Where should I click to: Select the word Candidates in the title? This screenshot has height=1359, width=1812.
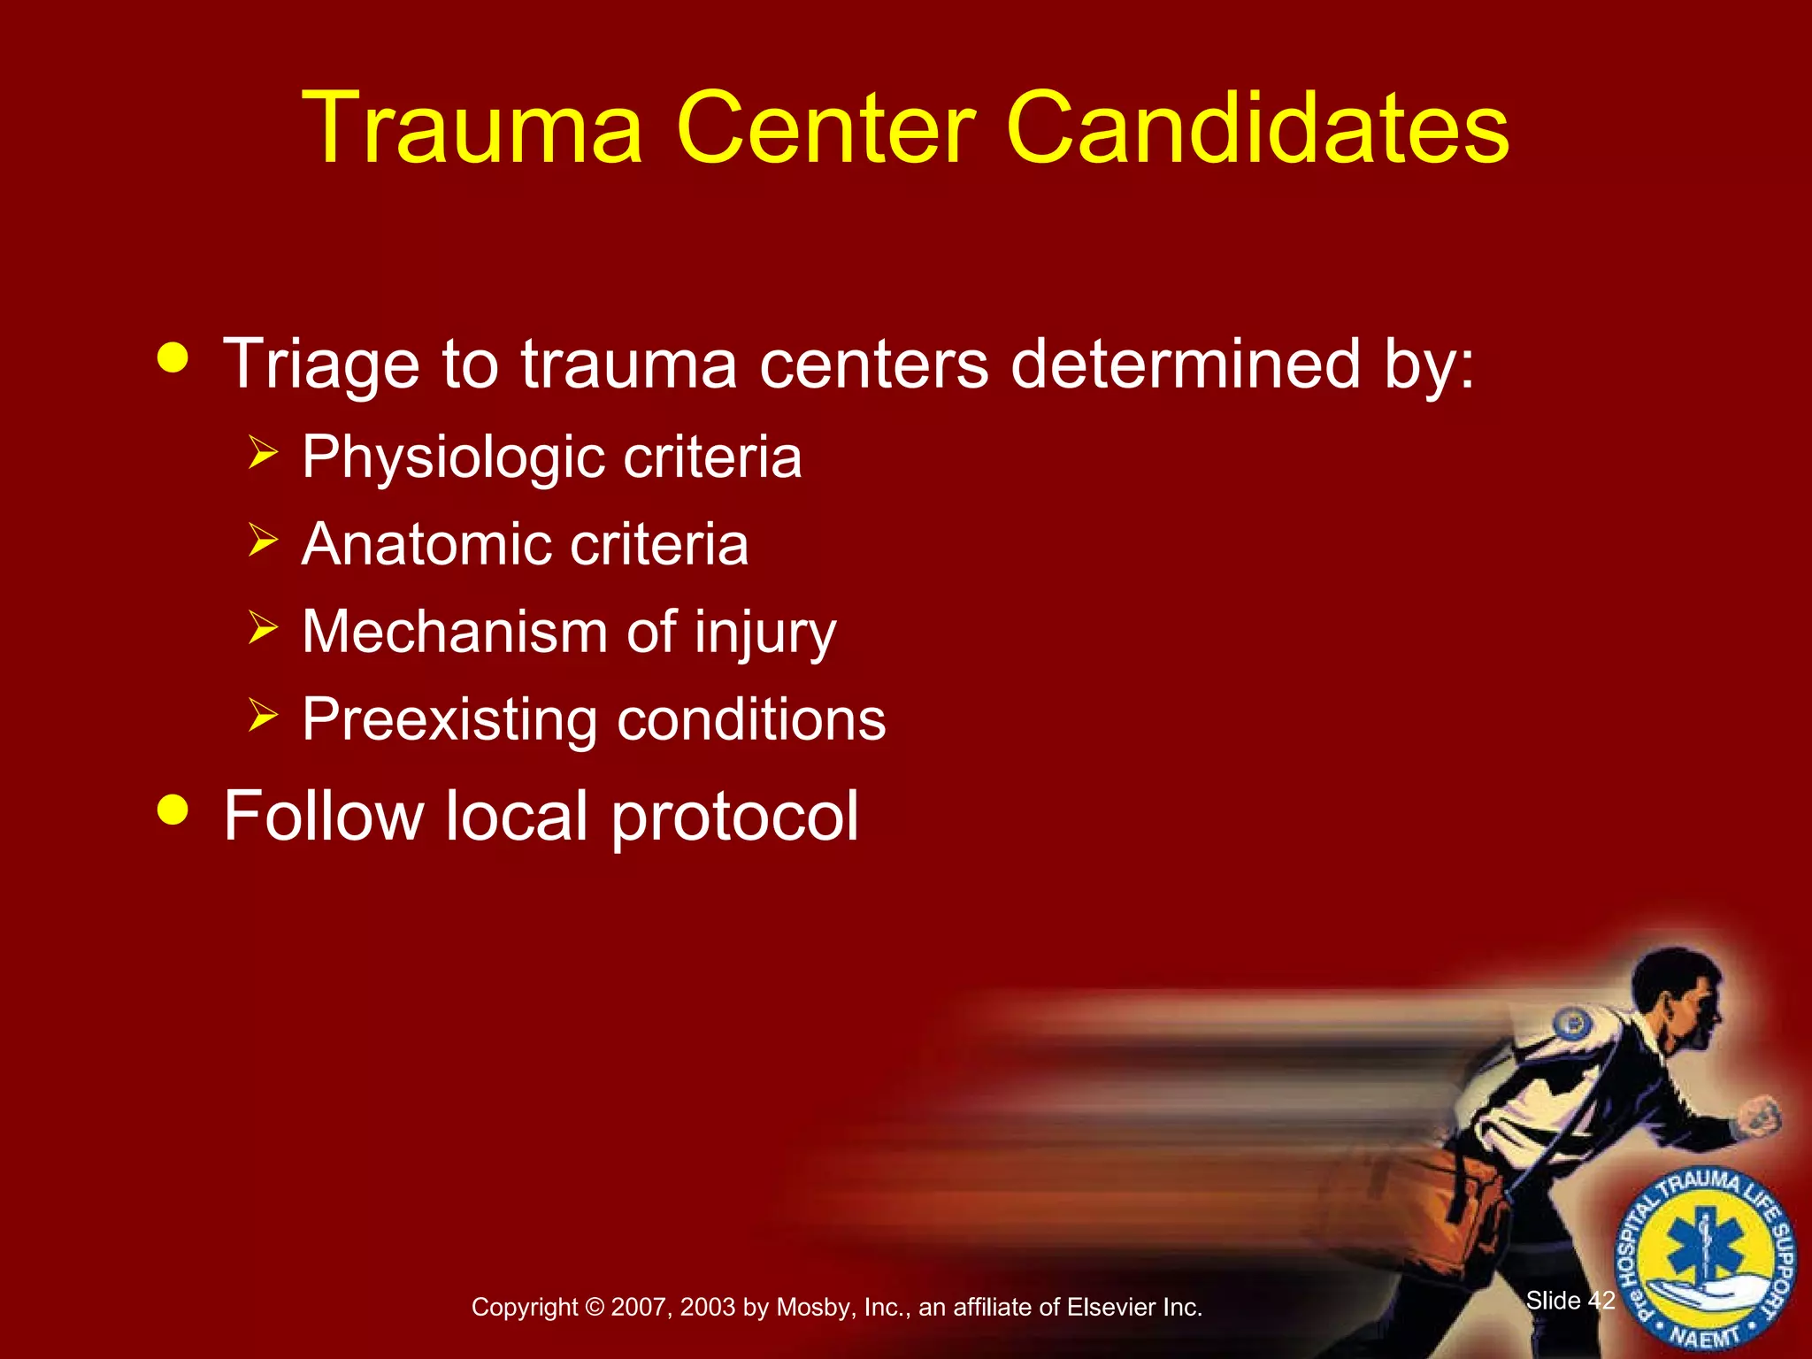[x=1257, y=128]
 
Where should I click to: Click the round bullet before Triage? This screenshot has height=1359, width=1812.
[x=173, y=358]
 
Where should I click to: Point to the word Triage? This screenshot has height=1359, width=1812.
[x=320, y=365]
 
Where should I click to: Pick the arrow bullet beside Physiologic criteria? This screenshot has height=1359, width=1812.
[x=263, y=452]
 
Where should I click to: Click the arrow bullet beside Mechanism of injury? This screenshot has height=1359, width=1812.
[x=263, y=627]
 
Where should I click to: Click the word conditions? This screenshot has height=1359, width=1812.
[x=751, y=719]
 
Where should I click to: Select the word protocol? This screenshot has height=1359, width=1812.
[x=734, y=817]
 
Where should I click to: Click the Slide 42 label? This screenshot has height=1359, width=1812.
[x=1570, y=1300]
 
